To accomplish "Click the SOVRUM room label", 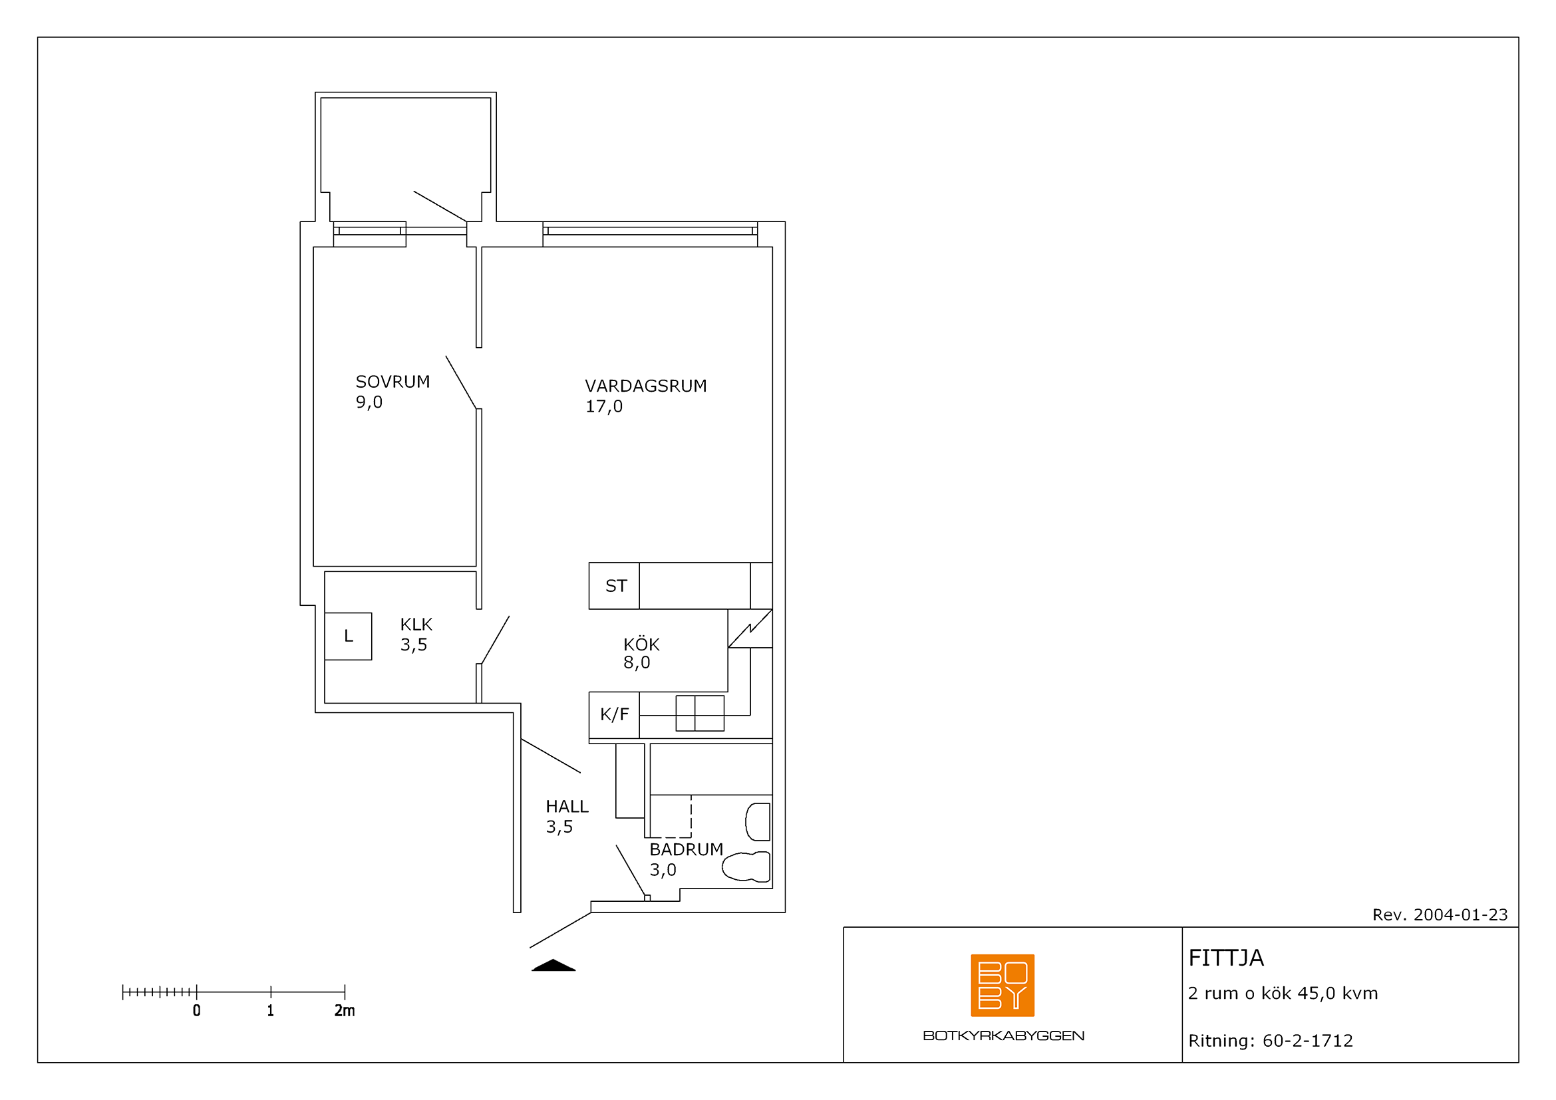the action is click(x=393, y=382).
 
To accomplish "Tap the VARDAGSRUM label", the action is click(x=646, y=386).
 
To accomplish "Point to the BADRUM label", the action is click(x=687, y=849).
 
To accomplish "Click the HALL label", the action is click(x=567, y=807).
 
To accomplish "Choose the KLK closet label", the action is click(x=416, y=624).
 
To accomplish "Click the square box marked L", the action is click(x=349, y=636).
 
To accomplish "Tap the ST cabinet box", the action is click(x=614, y=586).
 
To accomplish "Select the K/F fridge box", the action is click(x=614, y=714).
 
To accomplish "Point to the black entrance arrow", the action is click(x=553, y=965).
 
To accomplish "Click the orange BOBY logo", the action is click(x=1003, y=986).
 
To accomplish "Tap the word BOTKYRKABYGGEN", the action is click(x=1004, y=1035).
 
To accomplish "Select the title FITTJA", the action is click(x=1226, y=958).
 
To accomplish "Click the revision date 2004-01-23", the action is click(x=1460, y=915).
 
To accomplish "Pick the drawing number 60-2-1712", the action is click(x=1307, y=1041).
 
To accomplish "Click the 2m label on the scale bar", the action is click(x=345, y=1011).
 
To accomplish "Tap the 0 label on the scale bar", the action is click(x=196, y=1011).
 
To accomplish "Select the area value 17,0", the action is click(x=604, y=406).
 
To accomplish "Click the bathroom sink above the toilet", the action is click(x=758, y=821).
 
